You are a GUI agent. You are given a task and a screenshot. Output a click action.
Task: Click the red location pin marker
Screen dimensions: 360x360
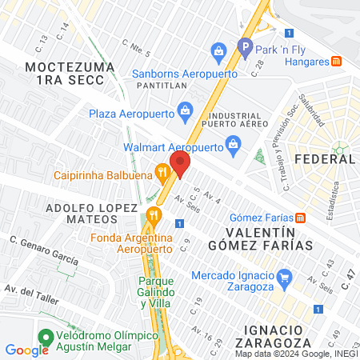click(x=179, y=164)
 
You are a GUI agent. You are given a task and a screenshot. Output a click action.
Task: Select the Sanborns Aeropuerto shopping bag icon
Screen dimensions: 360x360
click(x=218, y=54)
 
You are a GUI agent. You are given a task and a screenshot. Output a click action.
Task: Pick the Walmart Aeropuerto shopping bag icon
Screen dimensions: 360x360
click(x=233, y=144)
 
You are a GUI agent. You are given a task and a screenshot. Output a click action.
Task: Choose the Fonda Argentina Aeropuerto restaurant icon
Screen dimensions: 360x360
click(x=155, y=215)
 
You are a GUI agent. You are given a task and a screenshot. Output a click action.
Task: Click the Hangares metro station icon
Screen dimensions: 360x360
click(x=338, y=60)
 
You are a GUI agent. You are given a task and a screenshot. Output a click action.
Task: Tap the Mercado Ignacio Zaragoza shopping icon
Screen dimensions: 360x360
click(x=282, y=276)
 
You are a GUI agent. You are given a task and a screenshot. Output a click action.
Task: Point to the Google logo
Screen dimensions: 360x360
click(x=26, y=350)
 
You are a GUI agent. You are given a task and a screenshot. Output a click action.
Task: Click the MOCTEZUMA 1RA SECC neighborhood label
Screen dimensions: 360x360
click(x=64, y=74)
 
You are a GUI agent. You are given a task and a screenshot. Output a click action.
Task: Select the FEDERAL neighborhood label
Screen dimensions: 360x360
click(x=325, y=159)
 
